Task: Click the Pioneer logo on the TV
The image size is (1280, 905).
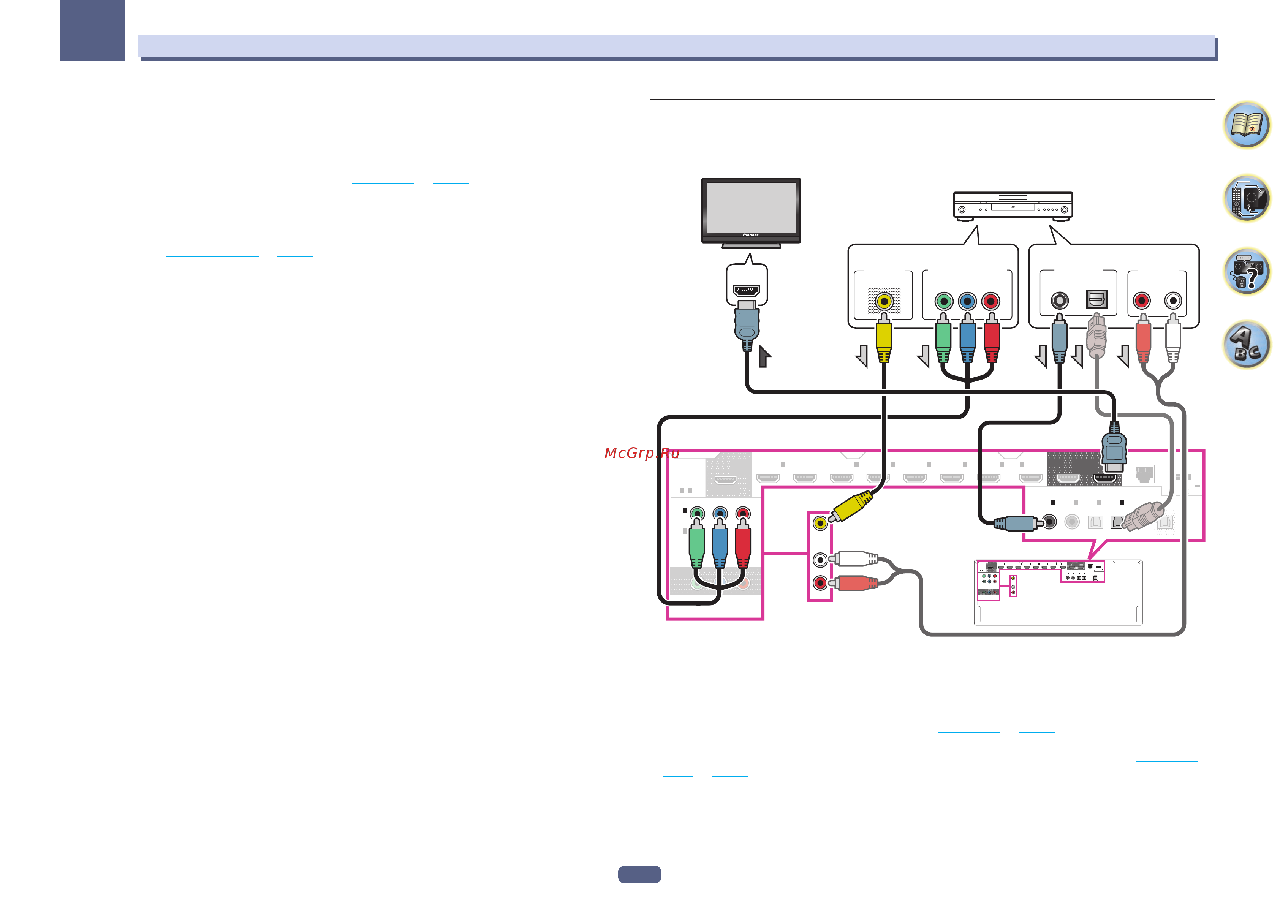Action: pos(750,235)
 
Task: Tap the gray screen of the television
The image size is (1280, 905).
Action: pos(751,207)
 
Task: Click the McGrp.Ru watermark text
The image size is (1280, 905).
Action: pos(642,453)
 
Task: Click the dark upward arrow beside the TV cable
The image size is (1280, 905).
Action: pos(764,356)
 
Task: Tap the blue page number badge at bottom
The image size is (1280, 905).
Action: pos(639,874)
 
